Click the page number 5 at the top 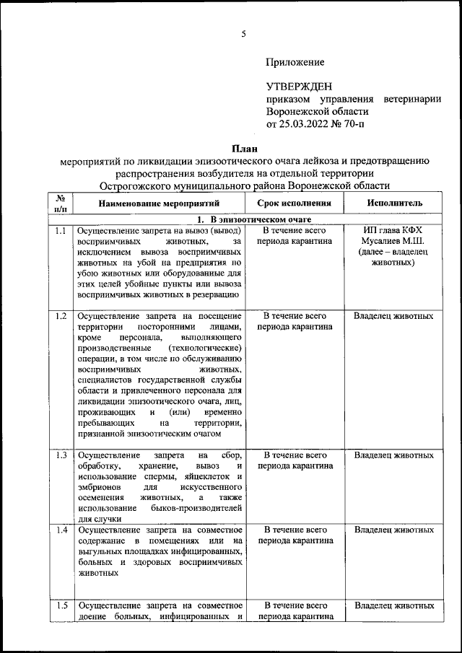click(244, 34)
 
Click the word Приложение click(295, 63)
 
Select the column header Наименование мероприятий click(157, 204)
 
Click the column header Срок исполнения click(295, 204)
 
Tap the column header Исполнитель click(394, 204)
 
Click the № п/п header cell click(61, 203)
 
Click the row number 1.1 click(61, 231)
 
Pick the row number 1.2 click(61, 316)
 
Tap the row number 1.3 click(61, 456)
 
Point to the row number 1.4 click(61, 530)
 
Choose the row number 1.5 click(61, 605)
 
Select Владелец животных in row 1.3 click(393, 456)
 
